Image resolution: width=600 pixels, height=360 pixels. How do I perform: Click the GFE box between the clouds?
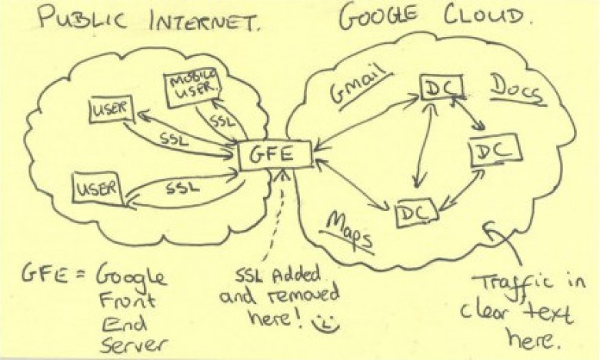(275, 155)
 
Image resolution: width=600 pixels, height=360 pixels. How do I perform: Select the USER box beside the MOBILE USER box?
(111, 109)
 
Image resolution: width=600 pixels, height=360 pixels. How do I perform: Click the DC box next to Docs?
(442, 88)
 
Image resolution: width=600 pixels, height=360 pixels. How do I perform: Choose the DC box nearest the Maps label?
(416, 213)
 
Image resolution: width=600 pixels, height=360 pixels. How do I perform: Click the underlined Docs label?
(518, 91)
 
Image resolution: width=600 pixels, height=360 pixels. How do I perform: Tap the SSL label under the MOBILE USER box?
(222, 121)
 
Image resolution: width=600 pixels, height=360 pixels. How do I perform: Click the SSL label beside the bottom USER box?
(183, 188)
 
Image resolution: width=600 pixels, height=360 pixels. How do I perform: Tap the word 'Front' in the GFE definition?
(128, 299)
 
